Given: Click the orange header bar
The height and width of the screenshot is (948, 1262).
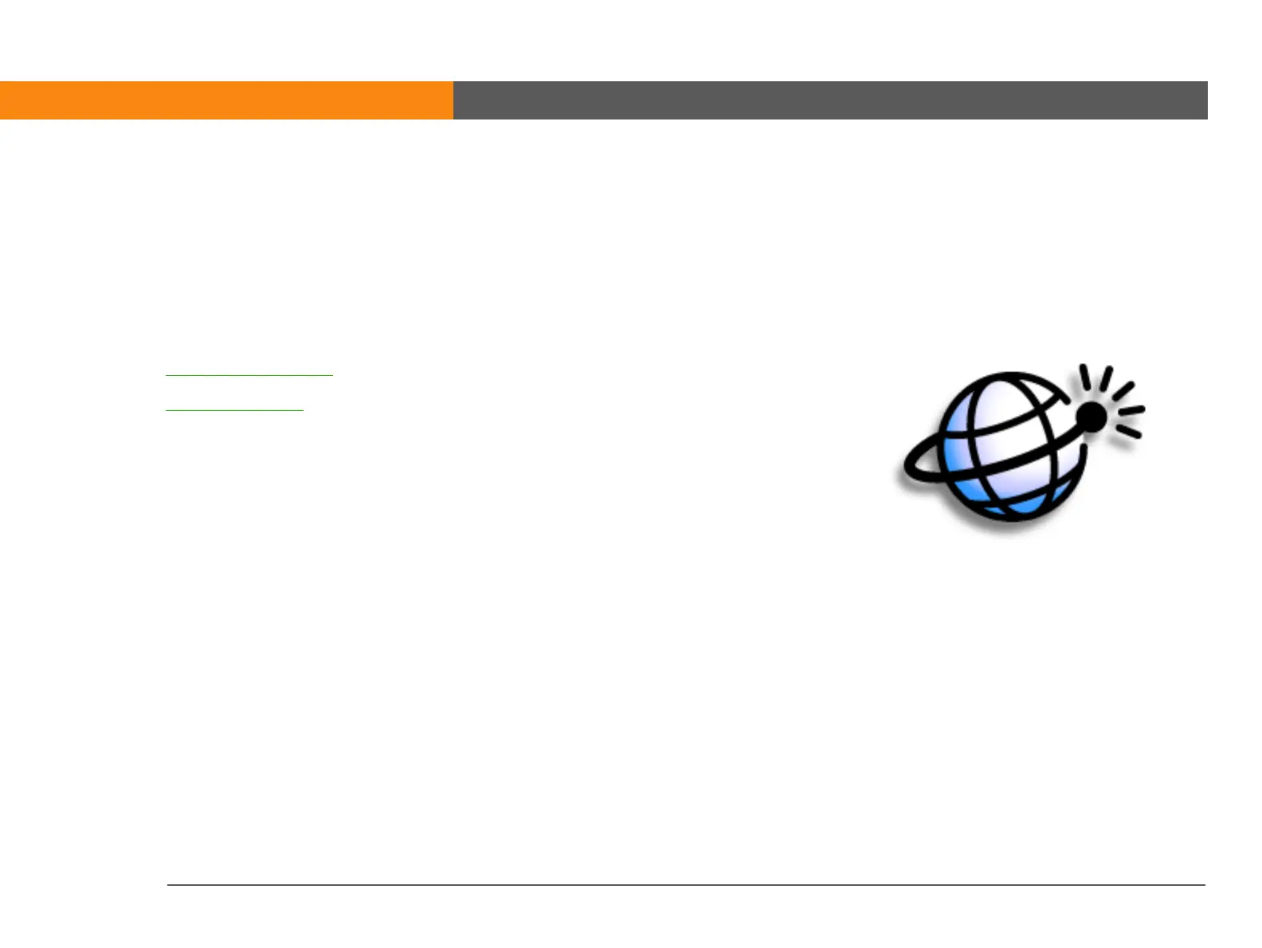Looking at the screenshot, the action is [226, 100].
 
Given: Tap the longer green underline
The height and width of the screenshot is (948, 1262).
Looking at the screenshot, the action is [249, 374].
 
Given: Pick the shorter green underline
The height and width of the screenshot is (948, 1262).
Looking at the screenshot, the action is [234, 410].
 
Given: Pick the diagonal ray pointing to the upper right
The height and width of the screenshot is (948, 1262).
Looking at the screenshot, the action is [1123, 390].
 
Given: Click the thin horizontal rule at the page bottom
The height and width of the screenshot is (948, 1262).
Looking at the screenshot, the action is [685, 884].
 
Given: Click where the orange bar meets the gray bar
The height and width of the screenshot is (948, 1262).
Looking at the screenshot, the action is [453, 100].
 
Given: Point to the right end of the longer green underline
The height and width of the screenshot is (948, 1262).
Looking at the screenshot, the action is [331, 374].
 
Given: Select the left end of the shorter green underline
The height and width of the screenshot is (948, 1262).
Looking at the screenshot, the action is [167, 410].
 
